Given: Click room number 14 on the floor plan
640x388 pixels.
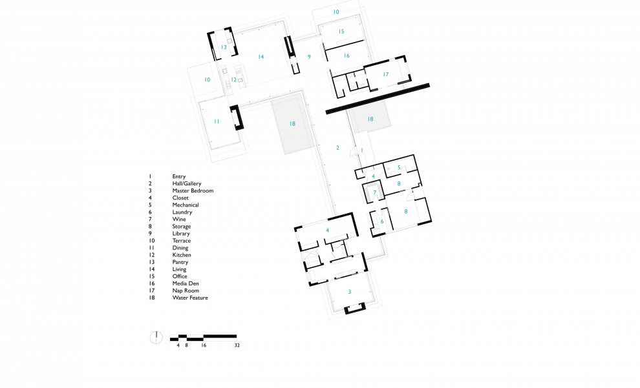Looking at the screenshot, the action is [x=261, y=57].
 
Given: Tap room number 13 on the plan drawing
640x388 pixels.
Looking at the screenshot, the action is [x=224, y=47].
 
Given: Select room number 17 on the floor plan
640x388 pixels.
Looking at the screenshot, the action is [x=386, y=74].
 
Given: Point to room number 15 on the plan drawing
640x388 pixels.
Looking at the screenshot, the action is [x=341, y=32].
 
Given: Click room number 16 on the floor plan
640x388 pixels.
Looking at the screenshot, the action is [x=347, y=56].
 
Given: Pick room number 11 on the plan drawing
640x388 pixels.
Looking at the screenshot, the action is [x=217, y=121].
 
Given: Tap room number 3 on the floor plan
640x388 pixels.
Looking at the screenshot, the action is [x=349, y=291].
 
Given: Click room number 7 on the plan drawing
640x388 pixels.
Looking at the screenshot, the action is [x=375, y=192].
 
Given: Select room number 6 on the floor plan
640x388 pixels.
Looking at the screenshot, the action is [x=382, y=221].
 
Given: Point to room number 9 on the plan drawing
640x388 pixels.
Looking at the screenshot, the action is [x=309, y=57].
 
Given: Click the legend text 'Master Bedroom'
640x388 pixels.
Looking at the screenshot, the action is [x=193, y=190].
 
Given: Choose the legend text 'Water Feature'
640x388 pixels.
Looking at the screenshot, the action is [x=190, y=298].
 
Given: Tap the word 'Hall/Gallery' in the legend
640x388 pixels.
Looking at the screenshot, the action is [x=187, y=183].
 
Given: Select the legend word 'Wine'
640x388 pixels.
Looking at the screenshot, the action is [x=179, y=219].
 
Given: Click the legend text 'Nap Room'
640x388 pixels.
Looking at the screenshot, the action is [x=186, y=291].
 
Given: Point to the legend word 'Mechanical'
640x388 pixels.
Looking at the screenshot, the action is [x=186, y=205].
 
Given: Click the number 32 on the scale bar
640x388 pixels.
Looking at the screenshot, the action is [x=237, y=345].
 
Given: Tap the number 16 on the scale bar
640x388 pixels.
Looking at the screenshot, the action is [x=204, y=345].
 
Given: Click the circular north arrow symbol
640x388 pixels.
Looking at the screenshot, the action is [x=156, y=338].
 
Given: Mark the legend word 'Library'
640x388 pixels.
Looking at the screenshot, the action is [x=181, y=234].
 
